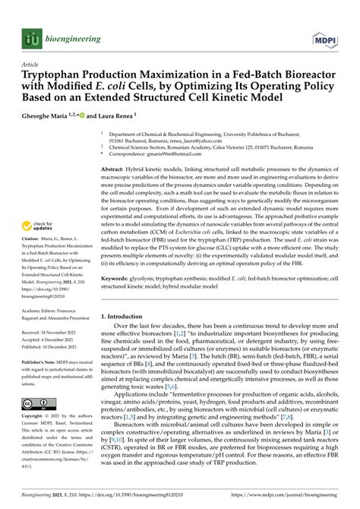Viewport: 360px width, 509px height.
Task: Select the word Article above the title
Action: [x=32, y=65]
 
